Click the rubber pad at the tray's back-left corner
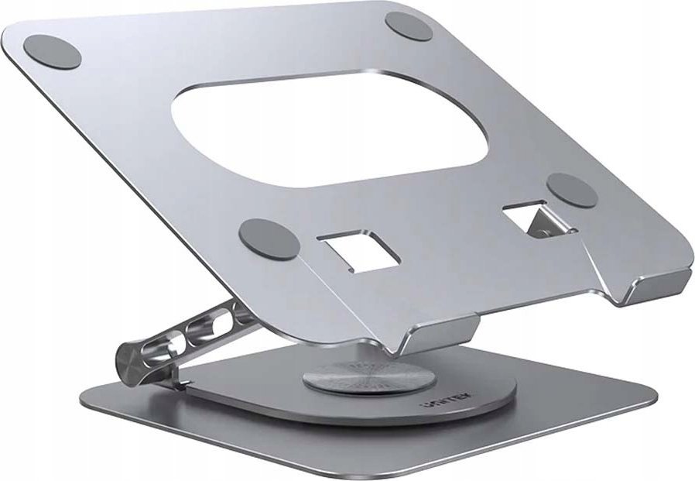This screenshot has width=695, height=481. coord(53,51)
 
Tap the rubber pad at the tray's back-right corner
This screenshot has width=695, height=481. coord(409,25)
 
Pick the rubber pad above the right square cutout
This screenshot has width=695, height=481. coord(573,191)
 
